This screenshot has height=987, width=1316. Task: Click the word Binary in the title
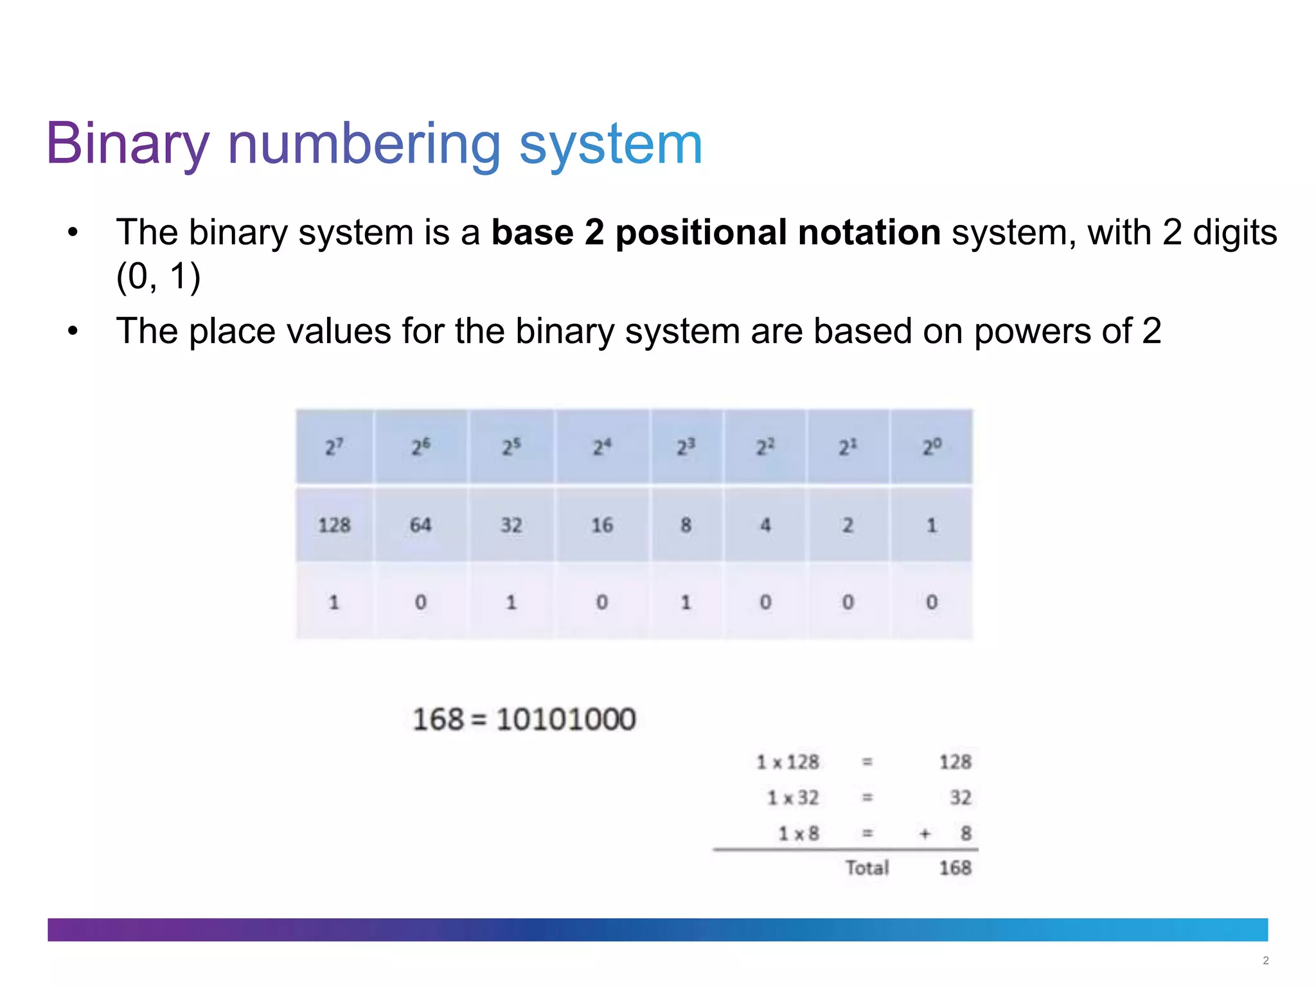127,144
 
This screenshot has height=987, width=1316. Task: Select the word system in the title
610,144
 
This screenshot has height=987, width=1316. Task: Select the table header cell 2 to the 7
334,447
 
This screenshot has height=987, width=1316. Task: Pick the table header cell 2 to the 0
931,447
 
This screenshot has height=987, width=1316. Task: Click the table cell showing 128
334,525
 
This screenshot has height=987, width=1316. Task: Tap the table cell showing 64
420,525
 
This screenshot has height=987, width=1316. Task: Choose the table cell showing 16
601,525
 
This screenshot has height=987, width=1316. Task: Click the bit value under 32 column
511,602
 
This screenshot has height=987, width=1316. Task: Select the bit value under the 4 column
765,602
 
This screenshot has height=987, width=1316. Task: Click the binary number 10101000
565,719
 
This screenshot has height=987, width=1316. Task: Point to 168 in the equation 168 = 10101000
438,719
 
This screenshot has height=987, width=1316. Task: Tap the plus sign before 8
924,834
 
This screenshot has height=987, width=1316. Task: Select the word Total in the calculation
867,868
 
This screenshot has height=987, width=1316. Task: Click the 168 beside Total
955,868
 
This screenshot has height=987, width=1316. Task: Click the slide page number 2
1265,961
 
